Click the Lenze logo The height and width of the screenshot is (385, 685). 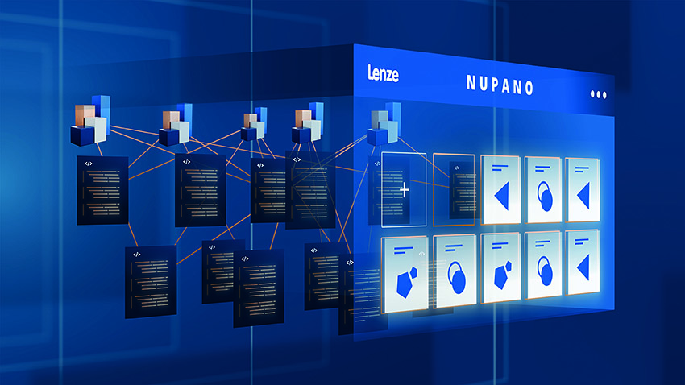point(383,73)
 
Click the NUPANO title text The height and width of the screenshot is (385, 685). point(500,85)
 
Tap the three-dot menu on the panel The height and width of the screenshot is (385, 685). point(598,94)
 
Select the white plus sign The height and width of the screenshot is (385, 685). point(405,190)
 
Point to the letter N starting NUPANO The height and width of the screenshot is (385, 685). point(471,82)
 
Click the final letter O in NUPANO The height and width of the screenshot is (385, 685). point(529,88)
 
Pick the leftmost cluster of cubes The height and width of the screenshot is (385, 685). point(91,120)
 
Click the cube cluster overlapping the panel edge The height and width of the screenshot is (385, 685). point(384,124)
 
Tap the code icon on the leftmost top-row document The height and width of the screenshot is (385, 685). point(89,164)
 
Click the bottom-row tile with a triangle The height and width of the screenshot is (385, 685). point(583,263)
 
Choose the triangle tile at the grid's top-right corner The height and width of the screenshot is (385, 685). point(583,190)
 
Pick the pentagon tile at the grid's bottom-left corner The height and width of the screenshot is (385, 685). point(405,275)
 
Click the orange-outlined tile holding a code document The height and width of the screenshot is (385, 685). point(454,190)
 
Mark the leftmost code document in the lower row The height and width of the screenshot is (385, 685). point(151,282)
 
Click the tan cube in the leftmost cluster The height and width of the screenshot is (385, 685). point(85,115)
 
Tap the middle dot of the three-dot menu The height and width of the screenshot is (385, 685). point(598,94)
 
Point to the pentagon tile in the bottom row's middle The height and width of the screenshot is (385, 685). point(500,267)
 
